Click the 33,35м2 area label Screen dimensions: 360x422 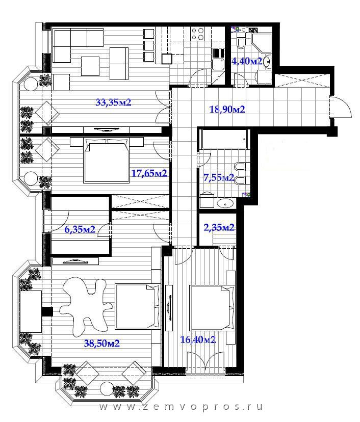click(113, 102)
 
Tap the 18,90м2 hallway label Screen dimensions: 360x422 click(227, 109)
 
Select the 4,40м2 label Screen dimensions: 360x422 click(247, 61)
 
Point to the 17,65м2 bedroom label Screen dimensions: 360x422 click(149, 173)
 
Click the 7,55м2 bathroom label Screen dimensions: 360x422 click(219, 178)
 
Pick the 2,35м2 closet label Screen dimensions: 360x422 click(219, 228)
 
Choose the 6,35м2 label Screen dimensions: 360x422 click(80, 229)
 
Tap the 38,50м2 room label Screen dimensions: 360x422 click(102, 343)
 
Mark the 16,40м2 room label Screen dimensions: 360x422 click(198, 339)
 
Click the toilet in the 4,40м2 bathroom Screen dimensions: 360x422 click(241, 43)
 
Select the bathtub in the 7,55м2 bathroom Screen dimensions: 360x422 click(224, 139)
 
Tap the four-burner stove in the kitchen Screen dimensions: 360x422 click(197, 34)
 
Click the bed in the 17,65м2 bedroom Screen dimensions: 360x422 click(107, 161)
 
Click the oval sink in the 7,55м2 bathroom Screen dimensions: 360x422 click(225, 203)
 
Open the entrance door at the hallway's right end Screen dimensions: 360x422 click(341, 107)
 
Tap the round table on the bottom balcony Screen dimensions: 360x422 click(107, 389)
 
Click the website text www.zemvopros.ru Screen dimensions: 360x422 click(181, 407)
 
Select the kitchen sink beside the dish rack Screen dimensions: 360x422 click(218, 65)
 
